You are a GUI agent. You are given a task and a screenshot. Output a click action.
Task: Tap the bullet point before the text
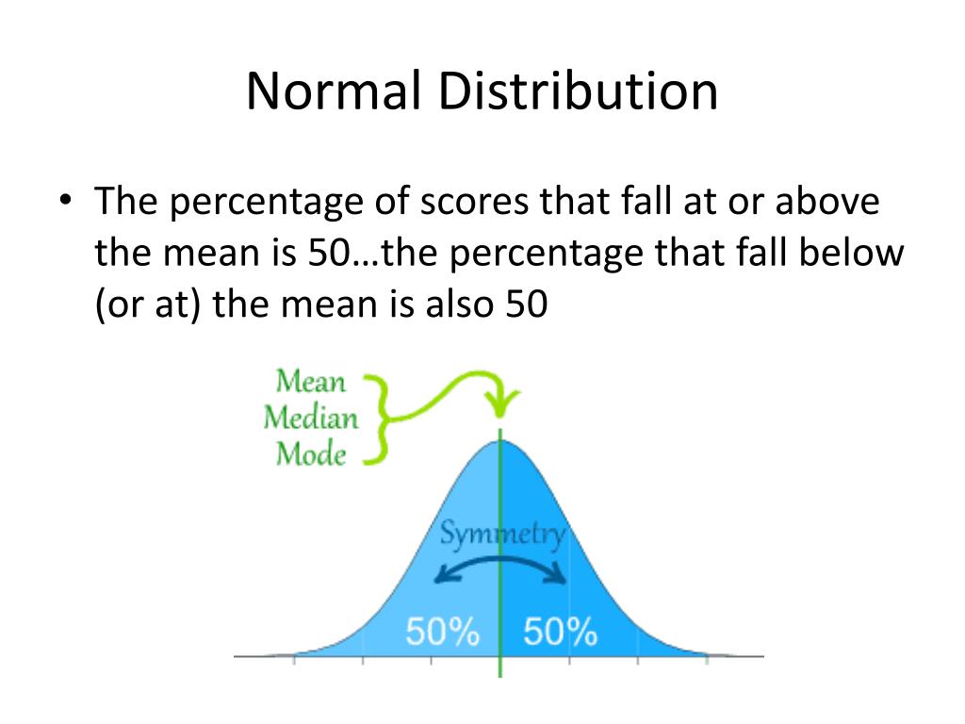pyautogui.click(x=65, y=203)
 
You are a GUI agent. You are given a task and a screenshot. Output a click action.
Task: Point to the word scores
pyautogui.click(x=480, y=203)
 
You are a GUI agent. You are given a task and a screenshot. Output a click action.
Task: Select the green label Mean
pyautogui.click(x=311, y=383)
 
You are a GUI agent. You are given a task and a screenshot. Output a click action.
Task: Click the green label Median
pyautogui.click(x=311, y=418)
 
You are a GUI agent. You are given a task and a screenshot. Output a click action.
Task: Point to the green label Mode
pyautogui.click(x=311, y=454)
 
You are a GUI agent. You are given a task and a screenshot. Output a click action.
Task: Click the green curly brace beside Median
pyautogui.click(x=377, y=419)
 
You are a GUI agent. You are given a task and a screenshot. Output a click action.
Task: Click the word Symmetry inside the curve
pyautogui.click(x=503, y=535)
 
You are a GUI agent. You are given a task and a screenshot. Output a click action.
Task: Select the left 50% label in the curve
pyautogui.click(x=442, y=632)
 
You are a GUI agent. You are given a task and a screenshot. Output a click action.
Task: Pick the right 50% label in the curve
pyautogui.click(x=560, y=632)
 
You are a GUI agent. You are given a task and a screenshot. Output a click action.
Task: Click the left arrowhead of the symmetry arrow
pyautogui.click(x=438, y=576)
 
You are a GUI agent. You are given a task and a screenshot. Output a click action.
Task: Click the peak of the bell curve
pyautogui.click(x=500, y=440)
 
